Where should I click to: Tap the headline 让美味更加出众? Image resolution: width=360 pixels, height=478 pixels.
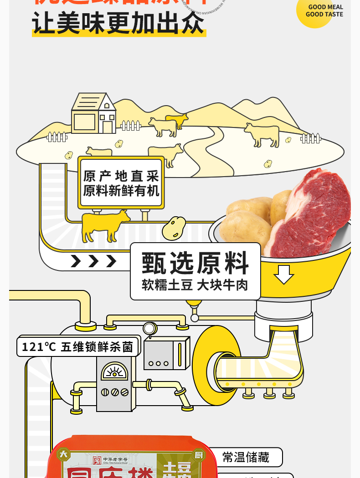[x=118, y=23]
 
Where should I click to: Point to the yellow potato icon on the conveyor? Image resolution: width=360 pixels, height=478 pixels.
[x=174, y=228]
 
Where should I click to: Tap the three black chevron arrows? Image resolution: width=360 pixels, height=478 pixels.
[x=93, y=261]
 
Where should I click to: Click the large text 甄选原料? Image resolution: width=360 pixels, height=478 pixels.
[x=195, y=263]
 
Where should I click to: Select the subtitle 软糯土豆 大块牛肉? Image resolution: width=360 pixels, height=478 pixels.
[x=195, y=285]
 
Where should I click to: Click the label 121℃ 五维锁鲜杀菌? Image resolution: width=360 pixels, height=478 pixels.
[x=77, y=347]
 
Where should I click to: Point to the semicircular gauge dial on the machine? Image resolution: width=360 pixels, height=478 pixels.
[x=114, y=372]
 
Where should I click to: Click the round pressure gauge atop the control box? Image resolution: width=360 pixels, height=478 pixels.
[x=149, y=328]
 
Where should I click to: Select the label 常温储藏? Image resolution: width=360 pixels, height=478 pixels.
[x=246, y=457]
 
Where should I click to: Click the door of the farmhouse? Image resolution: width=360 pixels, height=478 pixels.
[x=108, y=127]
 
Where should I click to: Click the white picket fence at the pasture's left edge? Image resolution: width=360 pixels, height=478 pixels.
[x=57, y=137]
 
